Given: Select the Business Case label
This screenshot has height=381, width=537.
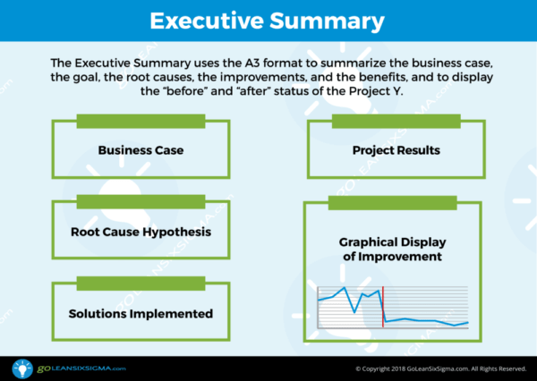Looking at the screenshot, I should tap(141, 150).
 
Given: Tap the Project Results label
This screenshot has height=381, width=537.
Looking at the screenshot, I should tap(396, 150).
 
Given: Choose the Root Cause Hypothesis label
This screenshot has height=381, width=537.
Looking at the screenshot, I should tap(141, 233).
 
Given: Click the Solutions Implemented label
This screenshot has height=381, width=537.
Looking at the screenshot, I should tap(141, 314).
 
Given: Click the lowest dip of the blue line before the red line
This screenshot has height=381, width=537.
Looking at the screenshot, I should tap(355, 312).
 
